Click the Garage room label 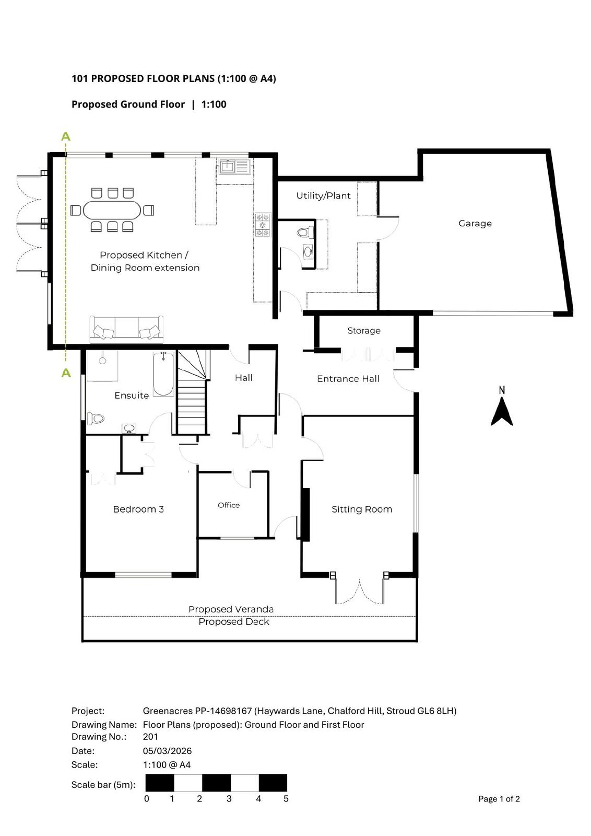[475, 224]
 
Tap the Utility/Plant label [323, 195]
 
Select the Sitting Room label [362, 509]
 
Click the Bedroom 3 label [138, 509]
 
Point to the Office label [229, 505]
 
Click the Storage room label [364, 331]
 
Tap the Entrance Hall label [348, 379]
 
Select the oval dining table [112, 211]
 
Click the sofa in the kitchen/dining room [126, 329]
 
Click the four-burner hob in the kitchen [263, 225]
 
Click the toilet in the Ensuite [96, 419]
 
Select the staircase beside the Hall [193, 392]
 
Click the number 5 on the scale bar [286, 798]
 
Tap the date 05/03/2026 [167, 750]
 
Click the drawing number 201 [150, 736]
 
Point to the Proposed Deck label [234, 621]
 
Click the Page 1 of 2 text [499, 799]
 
